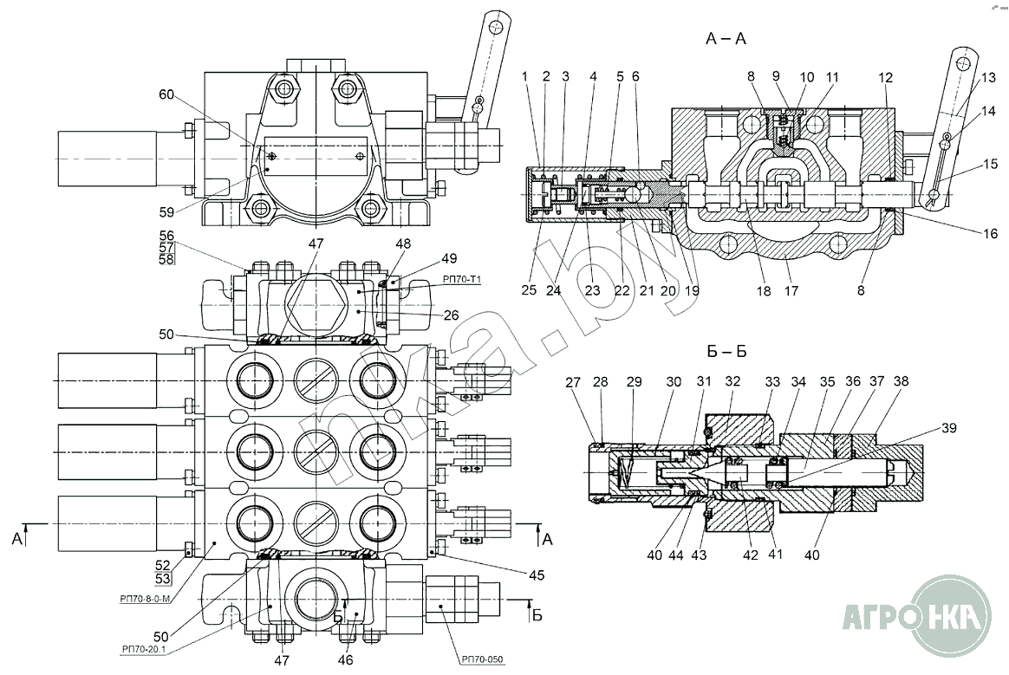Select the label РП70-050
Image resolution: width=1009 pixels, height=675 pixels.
pos(482,659)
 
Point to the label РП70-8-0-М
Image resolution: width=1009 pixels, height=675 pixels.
pos(140,597)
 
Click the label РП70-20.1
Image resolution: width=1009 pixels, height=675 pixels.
pos(146,648)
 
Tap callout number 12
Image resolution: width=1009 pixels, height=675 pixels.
pos(885,77)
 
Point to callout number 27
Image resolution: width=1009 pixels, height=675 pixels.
pos(573,381)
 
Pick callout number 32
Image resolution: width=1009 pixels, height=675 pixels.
pos(732,381)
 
